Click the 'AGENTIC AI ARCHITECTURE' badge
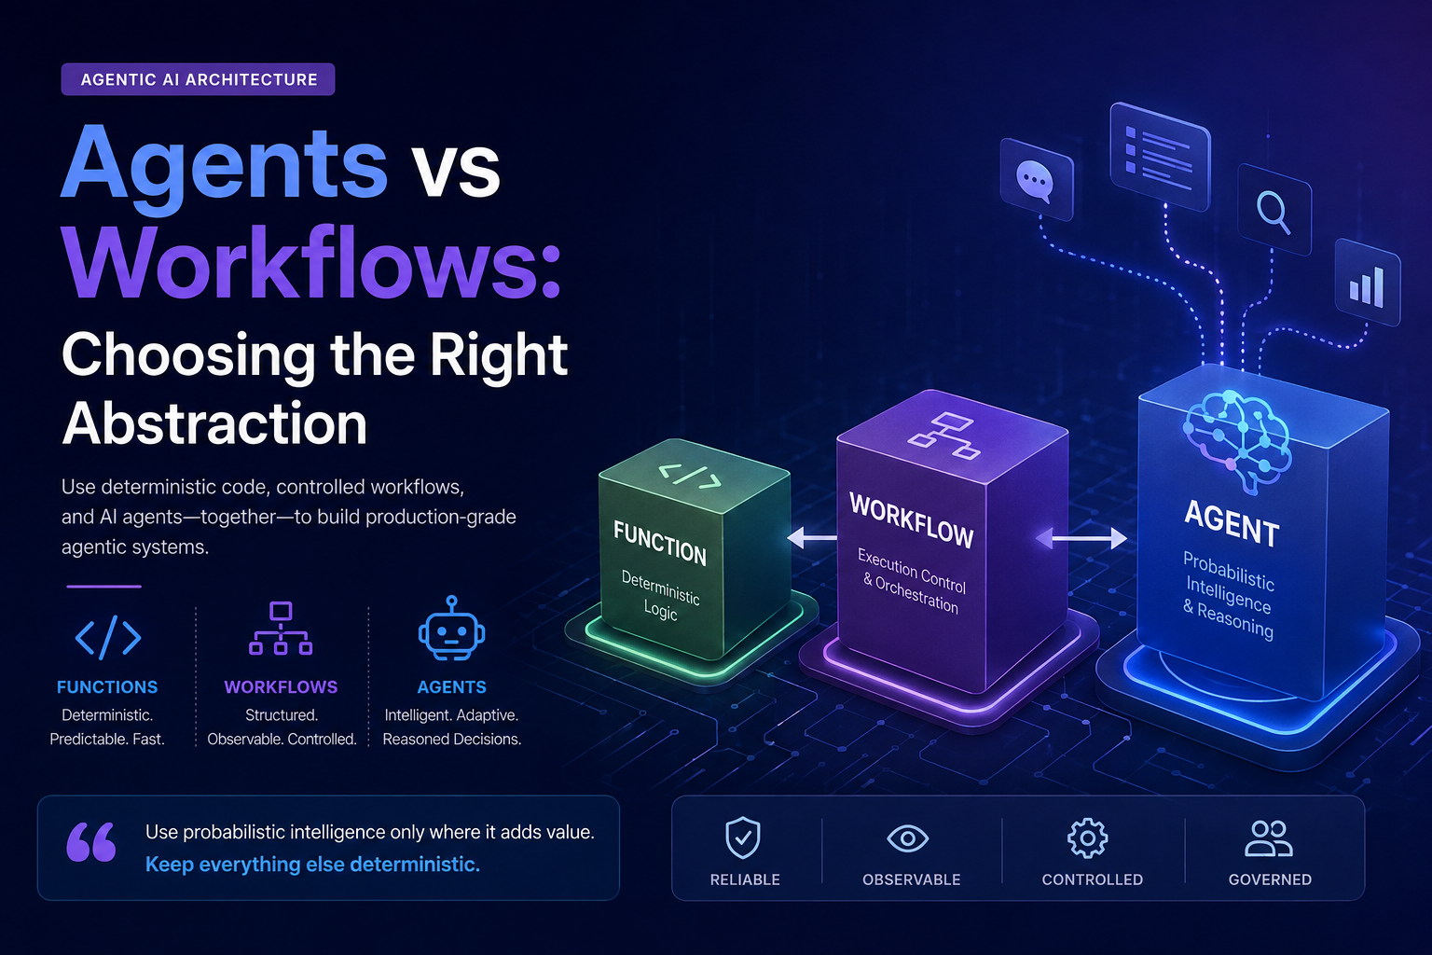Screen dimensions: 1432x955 tap(199, 79)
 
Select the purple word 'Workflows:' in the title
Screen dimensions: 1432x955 tap(312, 262)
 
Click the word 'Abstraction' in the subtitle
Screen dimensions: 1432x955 tap(214, 423)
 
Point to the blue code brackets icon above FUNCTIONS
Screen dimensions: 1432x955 tap(108, 637)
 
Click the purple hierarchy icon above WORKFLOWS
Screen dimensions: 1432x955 tap(281, 629)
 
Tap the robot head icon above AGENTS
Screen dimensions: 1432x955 tap(452, 629)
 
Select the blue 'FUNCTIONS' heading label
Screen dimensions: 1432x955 tap(107, 687)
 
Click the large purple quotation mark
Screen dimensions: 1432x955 tap(91, 841)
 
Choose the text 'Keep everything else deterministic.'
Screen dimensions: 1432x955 tap(312, 865)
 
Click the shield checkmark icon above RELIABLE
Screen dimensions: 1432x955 tap(743, 837)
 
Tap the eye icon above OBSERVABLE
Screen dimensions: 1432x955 tap(908, 838)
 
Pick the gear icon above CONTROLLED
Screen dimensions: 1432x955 tap(1087, 837)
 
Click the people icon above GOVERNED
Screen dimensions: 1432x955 tap(1269, 838)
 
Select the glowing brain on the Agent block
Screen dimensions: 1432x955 tap(1237, 438)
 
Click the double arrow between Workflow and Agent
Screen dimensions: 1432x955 tap(1081, 539)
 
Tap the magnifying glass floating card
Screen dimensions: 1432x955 tap(1274, 210)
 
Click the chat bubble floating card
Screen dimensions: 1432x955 tap(1037, 180)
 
